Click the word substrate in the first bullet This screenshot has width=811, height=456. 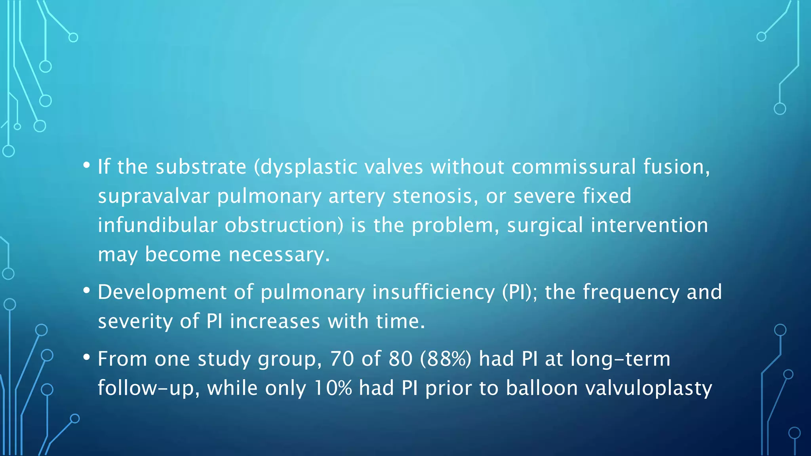click(201, 167)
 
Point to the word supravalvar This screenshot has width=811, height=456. click(154, 196)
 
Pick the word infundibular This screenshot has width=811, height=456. click(157, 225)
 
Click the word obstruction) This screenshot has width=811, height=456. click(284, 225)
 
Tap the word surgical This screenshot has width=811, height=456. click(545, 225)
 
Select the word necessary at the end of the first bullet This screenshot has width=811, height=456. click(279, 255)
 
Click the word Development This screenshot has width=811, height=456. click(162, 292)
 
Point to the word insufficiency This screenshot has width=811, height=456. click(434, 292)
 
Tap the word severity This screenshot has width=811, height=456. click(135, 321)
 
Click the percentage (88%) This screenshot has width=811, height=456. click(446, 359)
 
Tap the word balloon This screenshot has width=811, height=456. click(541, 388)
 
